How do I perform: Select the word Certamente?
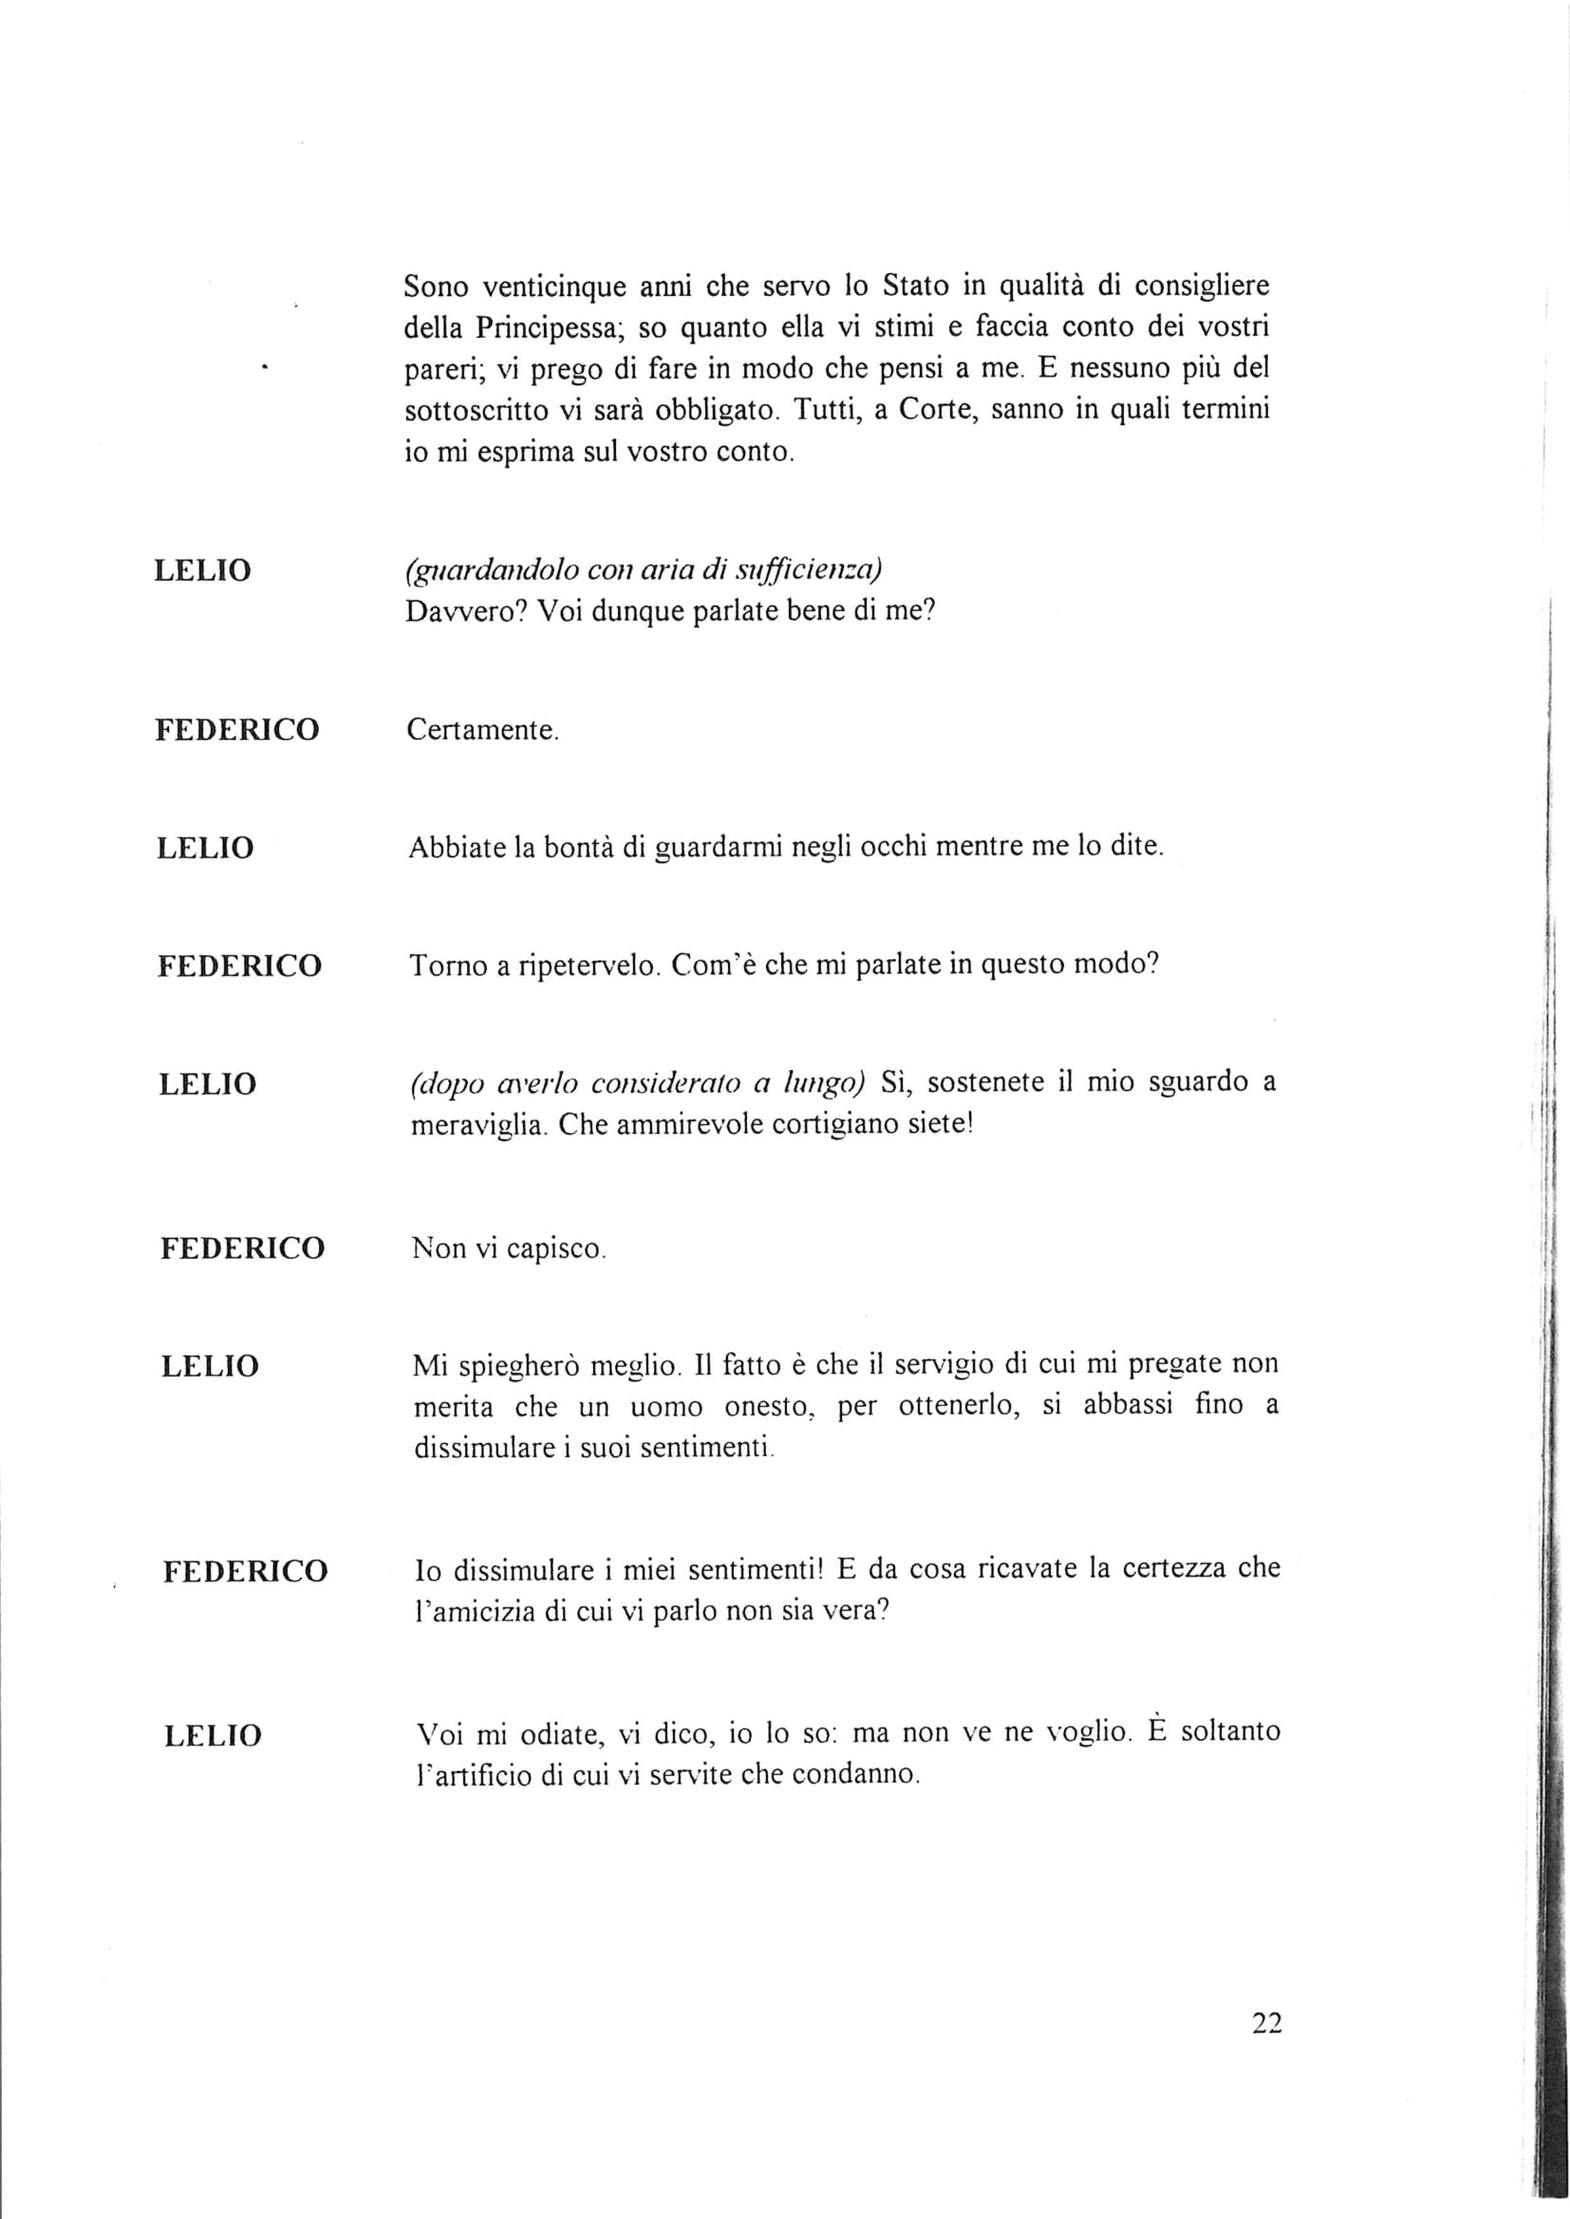481,730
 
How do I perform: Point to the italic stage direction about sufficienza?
643,570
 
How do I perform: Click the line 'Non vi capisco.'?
509,1248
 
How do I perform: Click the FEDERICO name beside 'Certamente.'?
238,730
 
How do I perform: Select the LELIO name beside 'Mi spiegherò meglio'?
210,1365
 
